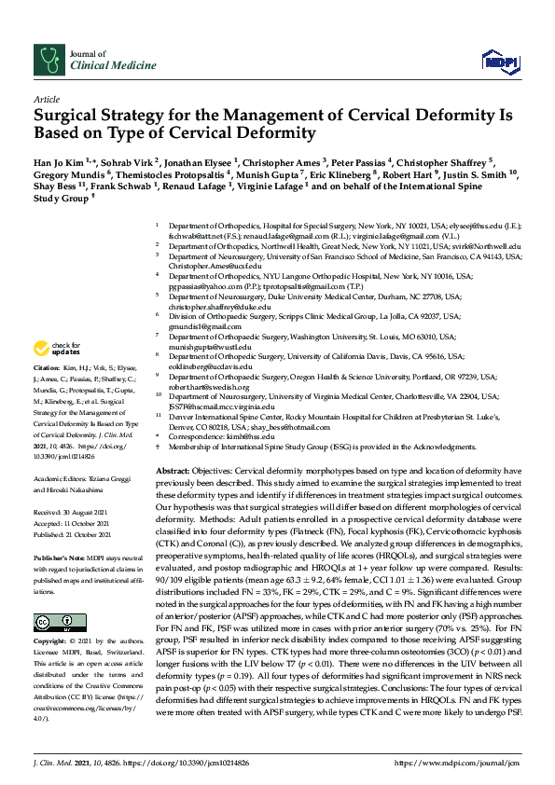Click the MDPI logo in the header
(x=498, y=62)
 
